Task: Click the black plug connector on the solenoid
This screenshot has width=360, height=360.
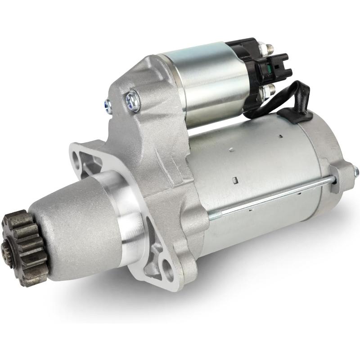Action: pos(274,68)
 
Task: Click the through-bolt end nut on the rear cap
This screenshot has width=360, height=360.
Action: pos(355,171)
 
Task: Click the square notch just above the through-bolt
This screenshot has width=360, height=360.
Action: pos(234,180)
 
